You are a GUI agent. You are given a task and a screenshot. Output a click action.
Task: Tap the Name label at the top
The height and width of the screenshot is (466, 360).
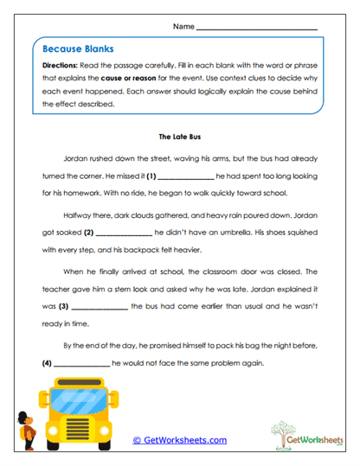(x=183, y=27)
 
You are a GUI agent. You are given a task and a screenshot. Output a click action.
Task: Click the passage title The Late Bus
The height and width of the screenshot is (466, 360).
(x=179, y=136)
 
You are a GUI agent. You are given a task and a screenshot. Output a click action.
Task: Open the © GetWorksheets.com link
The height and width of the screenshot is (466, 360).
(x=179, y=440)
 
